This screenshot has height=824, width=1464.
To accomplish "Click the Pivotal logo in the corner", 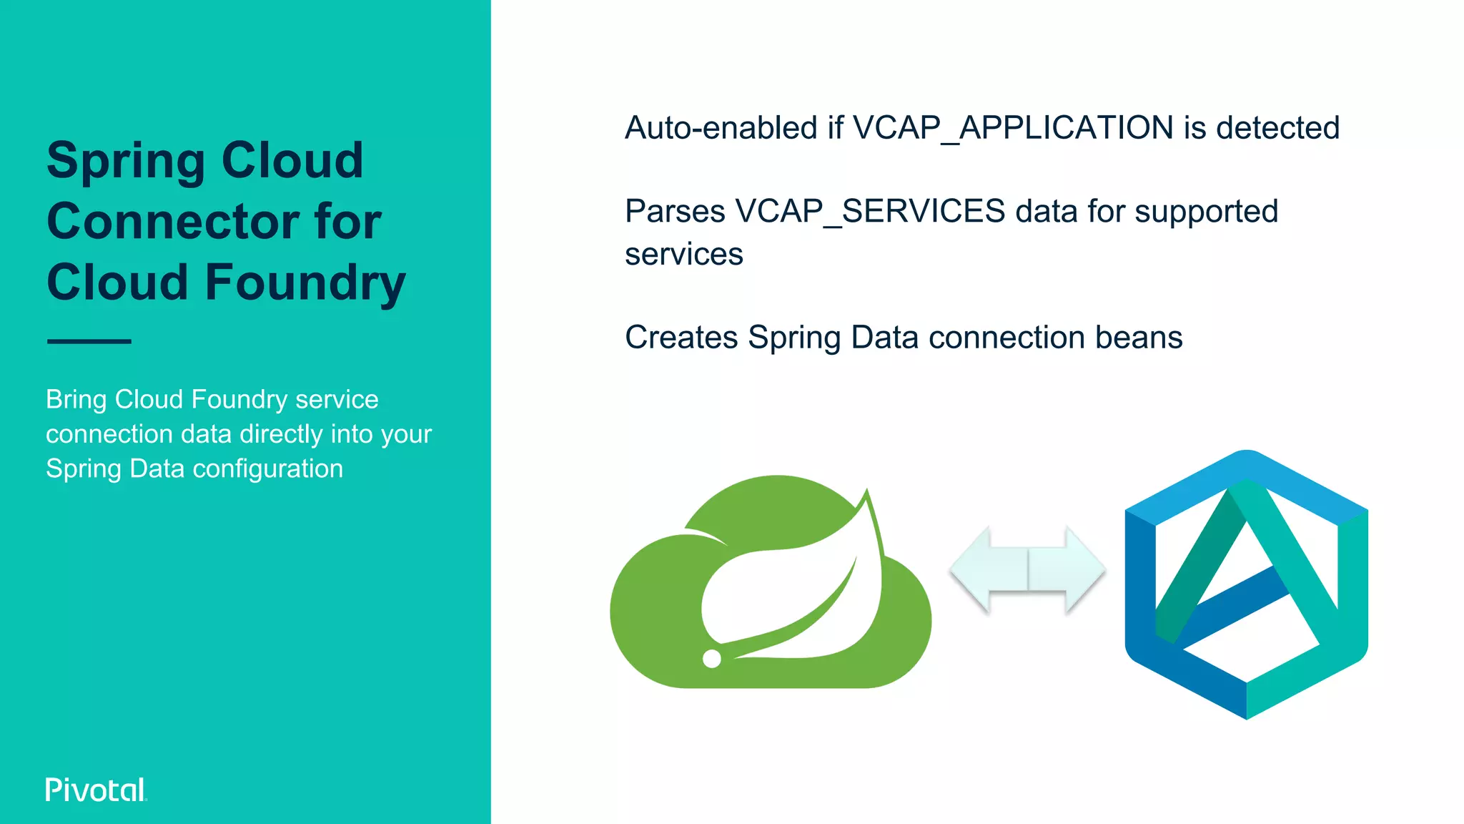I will click(96, 790).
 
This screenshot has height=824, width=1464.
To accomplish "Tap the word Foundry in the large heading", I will click(305, 282).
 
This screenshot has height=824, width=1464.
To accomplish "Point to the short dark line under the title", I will click(89, 341).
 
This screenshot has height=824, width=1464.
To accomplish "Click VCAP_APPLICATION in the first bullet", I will click(1013, 128).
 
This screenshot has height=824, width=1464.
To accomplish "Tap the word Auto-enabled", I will click(721, 128).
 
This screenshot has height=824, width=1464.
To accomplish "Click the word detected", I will click(1277, 128).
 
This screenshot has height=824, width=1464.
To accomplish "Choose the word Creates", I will click(681, 337).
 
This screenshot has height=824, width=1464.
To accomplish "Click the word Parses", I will click(675, 212).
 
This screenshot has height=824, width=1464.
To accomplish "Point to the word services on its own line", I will click(684, 255).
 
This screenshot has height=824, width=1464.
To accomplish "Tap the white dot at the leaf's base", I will click(712, 659).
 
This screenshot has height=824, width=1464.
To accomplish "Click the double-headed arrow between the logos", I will click(1027, 570).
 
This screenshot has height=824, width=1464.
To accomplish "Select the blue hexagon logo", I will click(1246, 584).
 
